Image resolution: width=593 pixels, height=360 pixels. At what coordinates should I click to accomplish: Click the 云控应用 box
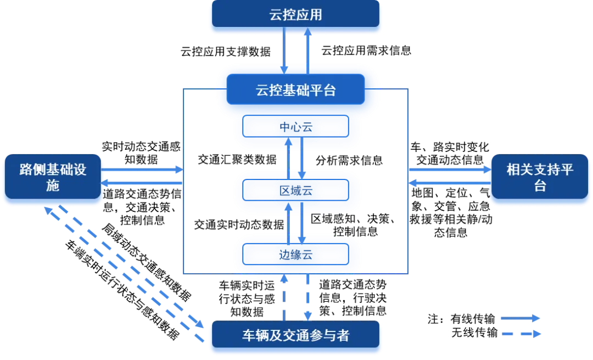[295, 15]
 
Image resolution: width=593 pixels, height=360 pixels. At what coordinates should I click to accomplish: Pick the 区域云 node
[295, 191]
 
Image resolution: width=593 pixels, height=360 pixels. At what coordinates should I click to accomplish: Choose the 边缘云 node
[295, 255]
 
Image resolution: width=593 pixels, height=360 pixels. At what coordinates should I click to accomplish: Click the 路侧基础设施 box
[53, 178]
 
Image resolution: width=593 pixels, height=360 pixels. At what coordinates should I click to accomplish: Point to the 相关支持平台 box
[540, 178]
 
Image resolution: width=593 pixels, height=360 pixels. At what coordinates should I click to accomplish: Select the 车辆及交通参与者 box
[295, 335]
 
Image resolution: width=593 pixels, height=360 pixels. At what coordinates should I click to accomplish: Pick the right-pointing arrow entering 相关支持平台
[449, 170]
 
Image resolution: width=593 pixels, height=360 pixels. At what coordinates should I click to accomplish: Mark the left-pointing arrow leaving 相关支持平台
[449, 183]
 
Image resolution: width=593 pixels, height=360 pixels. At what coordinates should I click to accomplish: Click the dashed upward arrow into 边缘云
[284, 296]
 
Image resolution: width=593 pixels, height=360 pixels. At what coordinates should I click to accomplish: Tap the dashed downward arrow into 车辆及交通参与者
[307, 296]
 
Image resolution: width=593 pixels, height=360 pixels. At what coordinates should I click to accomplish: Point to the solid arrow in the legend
[520, 318]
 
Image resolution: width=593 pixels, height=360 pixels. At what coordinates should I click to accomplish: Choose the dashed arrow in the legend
[520, 333]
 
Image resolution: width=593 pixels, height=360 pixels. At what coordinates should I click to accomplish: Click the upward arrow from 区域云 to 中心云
[288, 159]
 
